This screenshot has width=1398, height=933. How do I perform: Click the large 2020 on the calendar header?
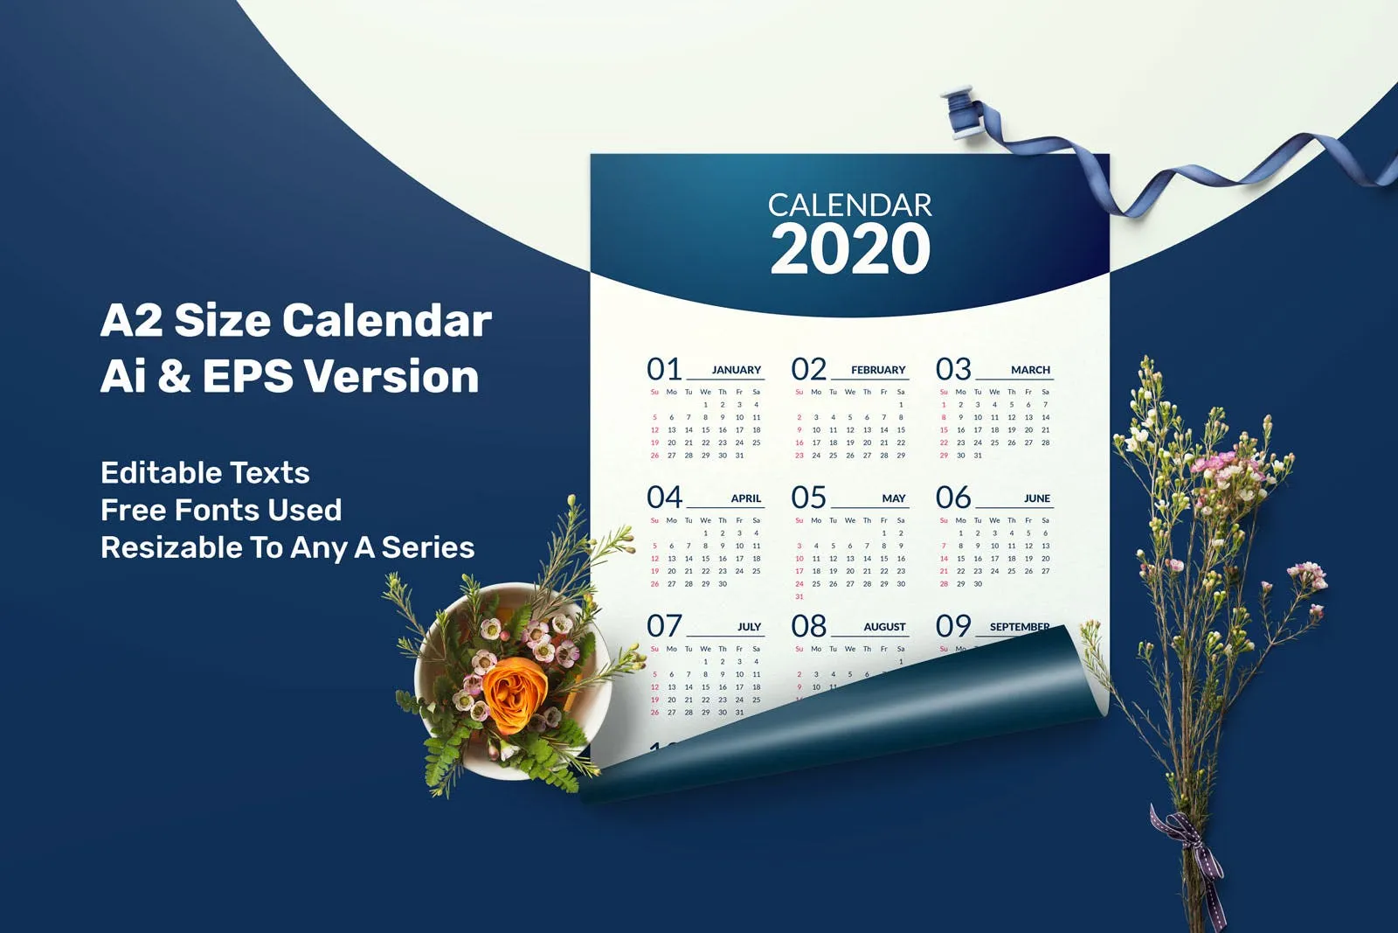coord(850,249)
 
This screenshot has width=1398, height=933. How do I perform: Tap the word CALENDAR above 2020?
coord(850,205)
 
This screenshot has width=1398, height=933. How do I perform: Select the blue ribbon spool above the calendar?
coord(960,113)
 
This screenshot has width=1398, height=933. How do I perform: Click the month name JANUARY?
coord(736,370)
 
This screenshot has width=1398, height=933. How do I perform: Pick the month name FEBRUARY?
coord(878,370)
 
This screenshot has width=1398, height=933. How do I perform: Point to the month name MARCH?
coord(1030,370)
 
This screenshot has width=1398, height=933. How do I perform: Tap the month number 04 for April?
coord(664,498)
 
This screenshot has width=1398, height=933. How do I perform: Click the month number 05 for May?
coord(808,498)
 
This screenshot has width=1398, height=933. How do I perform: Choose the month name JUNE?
coord(1037,498)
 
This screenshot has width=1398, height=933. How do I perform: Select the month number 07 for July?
coord(664,626)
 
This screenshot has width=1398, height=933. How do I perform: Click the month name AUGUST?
coord(884,627)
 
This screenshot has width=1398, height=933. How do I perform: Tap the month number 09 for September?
coord(953,626)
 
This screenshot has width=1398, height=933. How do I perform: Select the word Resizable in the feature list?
coord(171,547)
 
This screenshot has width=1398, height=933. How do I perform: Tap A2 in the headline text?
coord(131,321)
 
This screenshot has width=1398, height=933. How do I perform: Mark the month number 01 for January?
coord(664,369)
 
